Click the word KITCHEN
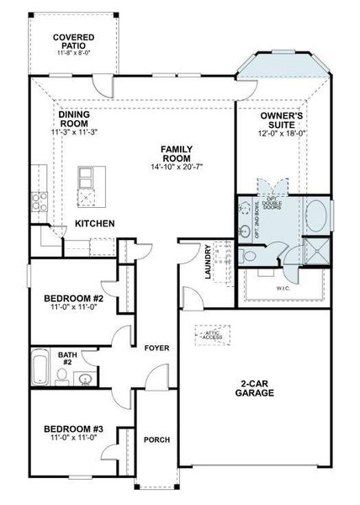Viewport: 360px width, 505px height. (x=94, y=223)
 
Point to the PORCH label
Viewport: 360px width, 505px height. (x=156, y=439)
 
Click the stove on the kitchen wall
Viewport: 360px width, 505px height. (x=38, y=200)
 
